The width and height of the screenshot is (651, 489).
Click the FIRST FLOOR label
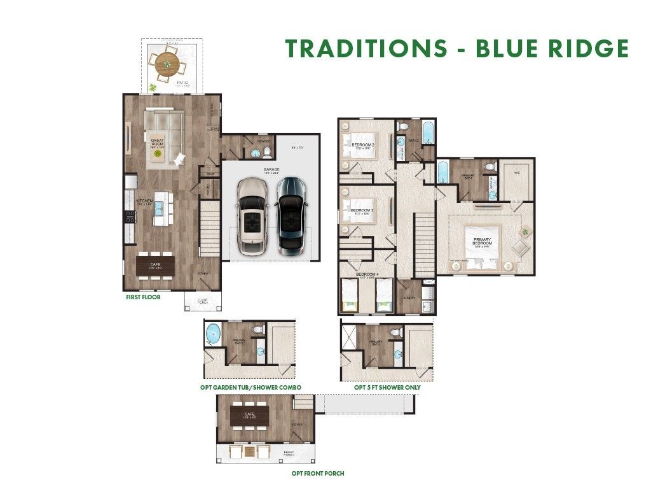(142, 297)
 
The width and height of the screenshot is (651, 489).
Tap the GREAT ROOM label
(158, 142)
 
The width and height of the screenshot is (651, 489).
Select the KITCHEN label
(146, 201)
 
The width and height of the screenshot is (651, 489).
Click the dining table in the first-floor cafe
(155, 266)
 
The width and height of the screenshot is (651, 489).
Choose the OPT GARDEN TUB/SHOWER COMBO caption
(250, 387)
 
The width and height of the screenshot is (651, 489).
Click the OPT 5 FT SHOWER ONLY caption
(387, 387)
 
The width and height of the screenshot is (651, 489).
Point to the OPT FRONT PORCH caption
(318, 473)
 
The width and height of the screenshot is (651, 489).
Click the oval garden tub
(213, 333)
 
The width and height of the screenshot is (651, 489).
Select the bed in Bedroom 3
(359, 211)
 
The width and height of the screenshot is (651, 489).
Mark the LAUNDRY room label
(409, 297)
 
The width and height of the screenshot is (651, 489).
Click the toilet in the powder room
(268, 152)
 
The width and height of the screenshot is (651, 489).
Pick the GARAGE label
(272, 170)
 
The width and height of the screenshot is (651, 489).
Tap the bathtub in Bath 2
(428, 134)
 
